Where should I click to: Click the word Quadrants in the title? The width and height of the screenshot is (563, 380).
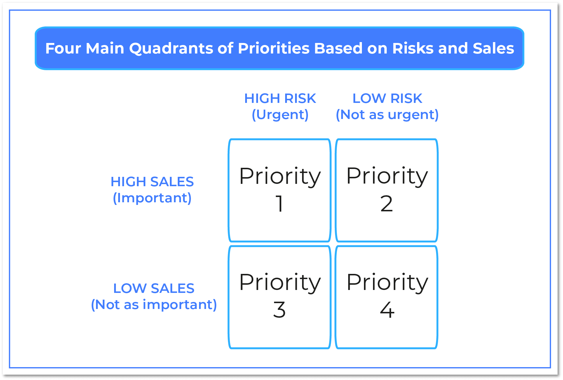171,49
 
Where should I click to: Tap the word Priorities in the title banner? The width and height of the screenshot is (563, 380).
274,48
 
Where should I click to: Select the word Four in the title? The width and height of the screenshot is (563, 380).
63,48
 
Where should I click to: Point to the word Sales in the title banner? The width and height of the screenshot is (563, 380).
493,48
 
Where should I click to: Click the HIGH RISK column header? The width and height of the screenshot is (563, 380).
280,99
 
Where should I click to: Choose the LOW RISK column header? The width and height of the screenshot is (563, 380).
387,99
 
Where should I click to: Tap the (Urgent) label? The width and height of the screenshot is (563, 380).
280,115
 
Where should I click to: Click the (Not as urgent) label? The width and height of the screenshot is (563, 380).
387,115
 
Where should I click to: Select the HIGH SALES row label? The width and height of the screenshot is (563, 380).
152,182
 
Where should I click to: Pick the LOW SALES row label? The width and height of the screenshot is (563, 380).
154,289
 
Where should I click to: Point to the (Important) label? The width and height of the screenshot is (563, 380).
152,198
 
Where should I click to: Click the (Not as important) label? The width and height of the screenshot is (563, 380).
154,305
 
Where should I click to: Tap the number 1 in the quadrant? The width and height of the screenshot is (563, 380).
279,203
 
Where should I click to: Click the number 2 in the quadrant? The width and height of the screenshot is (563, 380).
387,203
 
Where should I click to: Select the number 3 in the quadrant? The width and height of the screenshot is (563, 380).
279,310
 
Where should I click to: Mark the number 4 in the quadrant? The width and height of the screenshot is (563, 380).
387,310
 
